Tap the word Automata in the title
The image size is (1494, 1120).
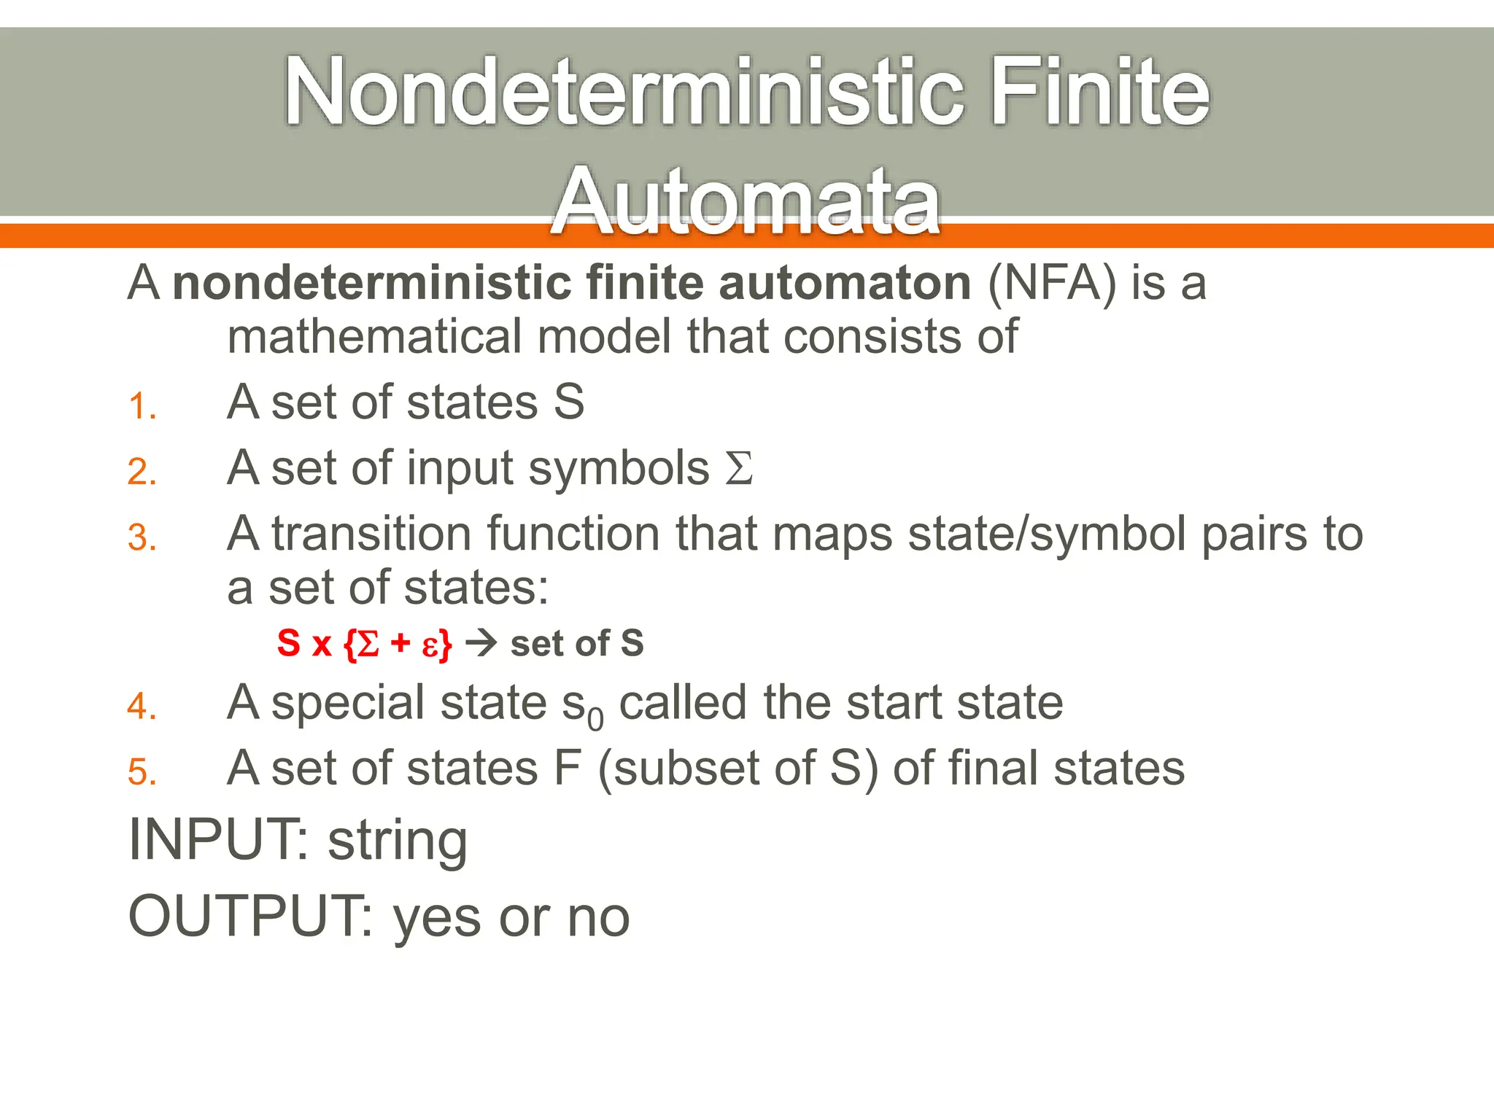pyautogui.click(x=746, y=201)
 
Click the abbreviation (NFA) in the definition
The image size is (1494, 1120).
pyautogui.click(x=1051, y=283)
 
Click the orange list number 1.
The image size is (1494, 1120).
pyautogui.click(x=142, y=406)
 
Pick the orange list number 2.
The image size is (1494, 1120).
pyautogui.click(x=142, y=472)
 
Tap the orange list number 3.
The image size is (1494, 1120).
pyautogui.click(x=142, y=538)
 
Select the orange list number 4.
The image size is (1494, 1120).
pyautogui.click(x=142, y=707)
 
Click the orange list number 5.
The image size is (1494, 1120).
pyautogui.click(x=142, y=772)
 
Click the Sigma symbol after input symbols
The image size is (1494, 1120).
pyautogui.click(x=738, y=468)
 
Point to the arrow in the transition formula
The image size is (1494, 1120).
pyautogui.click(x=481, y=643)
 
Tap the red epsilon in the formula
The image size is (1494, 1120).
pyautogui.click(x=430, y=645)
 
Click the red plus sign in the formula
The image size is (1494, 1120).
pyautogui.click(x=400, y=643)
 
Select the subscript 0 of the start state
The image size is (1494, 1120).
pyautogui.click(x=595, y=720)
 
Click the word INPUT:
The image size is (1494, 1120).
pyautogui.click(x=219, y=840)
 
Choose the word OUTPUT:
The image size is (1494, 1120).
pyautogui.click(x=252, y=917)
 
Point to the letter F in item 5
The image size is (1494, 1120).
pyautogui.click(x=567, y=768)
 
